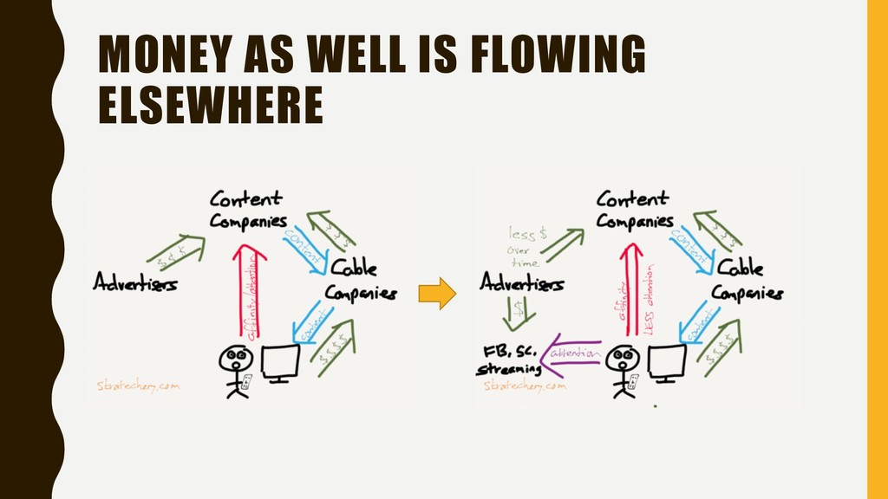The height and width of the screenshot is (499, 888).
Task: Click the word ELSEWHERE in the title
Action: click(209, 107)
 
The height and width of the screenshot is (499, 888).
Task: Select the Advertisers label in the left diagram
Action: click(135, 282)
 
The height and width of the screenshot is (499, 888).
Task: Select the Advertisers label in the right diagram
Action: click(522, 282)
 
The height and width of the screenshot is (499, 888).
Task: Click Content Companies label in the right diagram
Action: click(634, 209)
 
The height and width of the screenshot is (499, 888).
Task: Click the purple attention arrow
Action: click(571, 360)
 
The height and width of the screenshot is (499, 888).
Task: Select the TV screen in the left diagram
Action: click(280, 362)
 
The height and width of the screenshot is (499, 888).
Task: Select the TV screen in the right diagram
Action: click(667, 362)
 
